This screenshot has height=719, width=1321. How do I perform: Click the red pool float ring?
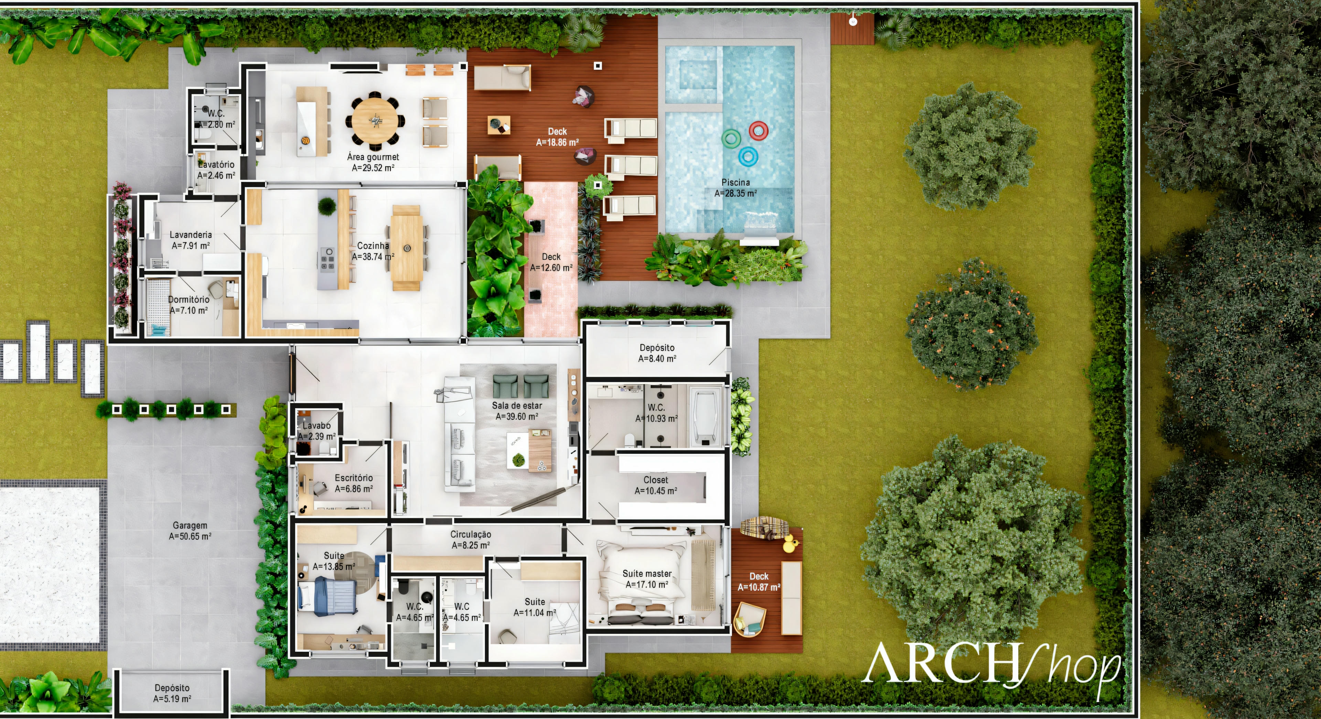click(x=759, y=131)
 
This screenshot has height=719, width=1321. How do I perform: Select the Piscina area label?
click(x=736, y=188)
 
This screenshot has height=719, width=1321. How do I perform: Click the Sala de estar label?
click(x=517, y=405)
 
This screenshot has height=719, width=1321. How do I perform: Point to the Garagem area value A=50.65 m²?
click(x=190, y=536)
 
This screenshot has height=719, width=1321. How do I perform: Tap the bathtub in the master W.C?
click(x=707, y=416)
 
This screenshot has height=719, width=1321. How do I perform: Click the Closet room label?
click(x=656, y=480)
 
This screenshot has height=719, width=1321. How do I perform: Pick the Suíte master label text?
click(x=647, y=573)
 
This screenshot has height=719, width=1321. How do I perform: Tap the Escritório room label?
click(x=354, y=478)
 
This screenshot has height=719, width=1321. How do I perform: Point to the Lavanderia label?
click(x=191, y=235)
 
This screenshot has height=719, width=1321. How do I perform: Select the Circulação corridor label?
click(x=471, y=534)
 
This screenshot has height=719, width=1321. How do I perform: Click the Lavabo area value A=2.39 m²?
click(x=317, y=436)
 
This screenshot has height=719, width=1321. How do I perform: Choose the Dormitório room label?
click(x=189, y=299)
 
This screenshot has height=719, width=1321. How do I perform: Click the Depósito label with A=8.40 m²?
click(x=657, y=353)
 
